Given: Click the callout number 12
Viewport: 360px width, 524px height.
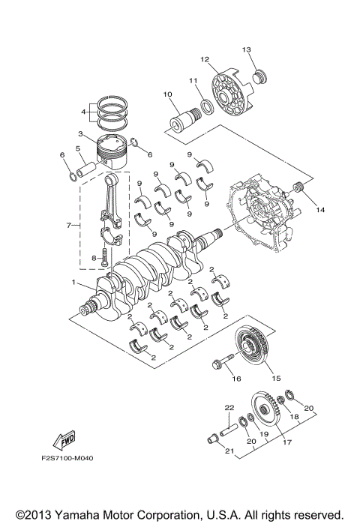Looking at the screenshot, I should click(x=203, y=58).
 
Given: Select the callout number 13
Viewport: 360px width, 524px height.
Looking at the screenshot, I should click(x=246, y=49).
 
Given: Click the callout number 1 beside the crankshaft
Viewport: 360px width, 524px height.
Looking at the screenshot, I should click(x=74, y=283).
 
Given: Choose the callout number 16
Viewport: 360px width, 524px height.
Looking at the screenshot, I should click(x=236, y=379).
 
